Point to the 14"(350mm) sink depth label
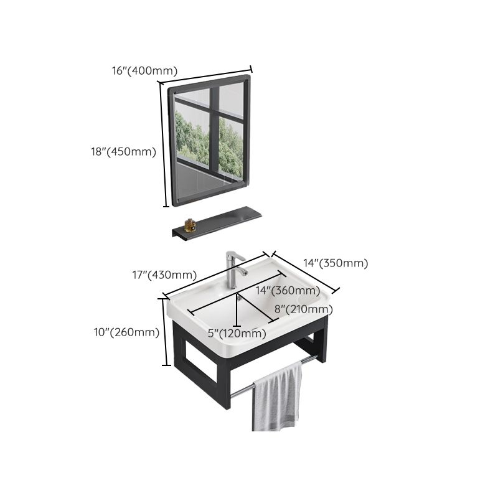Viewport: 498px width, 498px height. click(336, 263)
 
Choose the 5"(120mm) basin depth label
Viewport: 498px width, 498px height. click(237, 334)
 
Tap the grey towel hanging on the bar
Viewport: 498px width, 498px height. click(277, 398)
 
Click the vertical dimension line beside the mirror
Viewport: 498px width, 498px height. click(165, 146)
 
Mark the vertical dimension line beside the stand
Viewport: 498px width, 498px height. click(166, 332)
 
